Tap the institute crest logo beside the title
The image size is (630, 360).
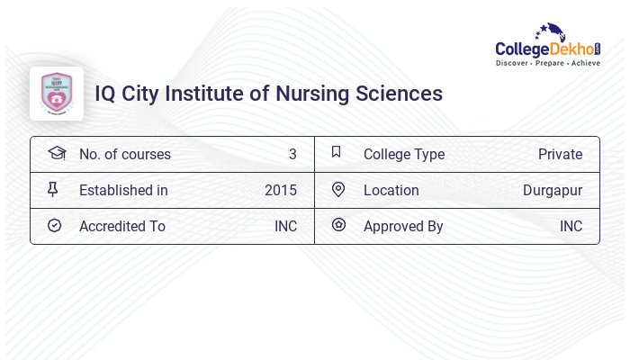pyautogui.click(x=57, y=94)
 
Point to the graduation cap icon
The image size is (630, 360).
pyautogui.click(x=57, y=153)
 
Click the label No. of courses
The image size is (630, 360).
pyautogui.click(x=124, y=154)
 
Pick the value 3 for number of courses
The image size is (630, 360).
pyautogui.click(x=292, y=154)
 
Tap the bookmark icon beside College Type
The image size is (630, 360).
pyautogui.click(x=336, y=152)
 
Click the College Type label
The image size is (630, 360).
pyautogui.click(x=404, y=154)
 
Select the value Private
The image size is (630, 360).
pyautogui.click(x=560, y=154)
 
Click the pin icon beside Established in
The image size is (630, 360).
pyautogui.click(x=52, y=189)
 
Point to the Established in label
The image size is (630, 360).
pyautogui.click(x=123, y=190)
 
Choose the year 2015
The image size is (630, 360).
pyautogui.click(x=281, y=190)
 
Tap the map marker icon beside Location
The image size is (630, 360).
pyautogui.click(x=338, y=189)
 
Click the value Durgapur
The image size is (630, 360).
pyautogui.click(x=553, y=190)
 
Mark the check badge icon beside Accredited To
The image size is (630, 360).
pyautogui.click(x=54, y=225)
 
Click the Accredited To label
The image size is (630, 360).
pyautogui.click(x=122, y=226)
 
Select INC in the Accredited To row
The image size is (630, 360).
pyautogui.click(x=285, y=226)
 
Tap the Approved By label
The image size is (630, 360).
pyautogui.click(x=403, y=226)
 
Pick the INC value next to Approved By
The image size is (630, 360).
pyautogui.click(x=571, y=226)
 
